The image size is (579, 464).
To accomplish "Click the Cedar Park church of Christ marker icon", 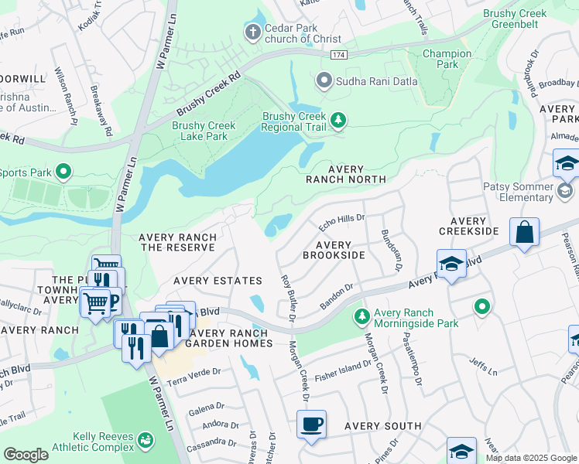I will click(252, 32).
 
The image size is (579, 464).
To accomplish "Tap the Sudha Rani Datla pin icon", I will click(324, 80).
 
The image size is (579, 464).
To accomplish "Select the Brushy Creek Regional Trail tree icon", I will click(337, 120).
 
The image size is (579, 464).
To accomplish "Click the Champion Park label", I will click(447, 60).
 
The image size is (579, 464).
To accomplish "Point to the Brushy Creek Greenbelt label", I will click(514, 19).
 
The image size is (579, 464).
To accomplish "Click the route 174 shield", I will click(338, 55).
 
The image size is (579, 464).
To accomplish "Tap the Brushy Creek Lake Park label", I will click(204, 131).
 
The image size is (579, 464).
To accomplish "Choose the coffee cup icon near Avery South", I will click(311, 425).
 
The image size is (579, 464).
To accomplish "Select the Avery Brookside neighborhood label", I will click(334, 250).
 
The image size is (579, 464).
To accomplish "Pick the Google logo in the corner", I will click(26, 455).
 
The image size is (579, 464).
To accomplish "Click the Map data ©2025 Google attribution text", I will click(531, 458).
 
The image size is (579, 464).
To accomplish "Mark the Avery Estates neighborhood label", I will click(218, 280).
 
